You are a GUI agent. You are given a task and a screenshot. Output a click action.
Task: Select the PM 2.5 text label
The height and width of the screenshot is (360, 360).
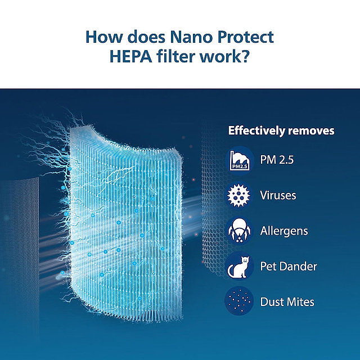(x=277, y=160)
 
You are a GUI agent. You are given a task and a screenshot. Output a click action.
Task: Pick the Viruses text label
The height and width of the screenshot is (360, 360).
(x=278, y=196)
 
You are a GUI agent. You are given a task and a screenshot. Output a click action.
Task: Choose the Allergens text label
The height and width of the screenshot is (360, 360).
(x=284, y=231)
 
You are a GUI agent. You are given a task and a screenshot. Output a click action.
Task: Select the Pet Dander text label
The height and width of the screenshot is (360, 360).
(x=289, y=267)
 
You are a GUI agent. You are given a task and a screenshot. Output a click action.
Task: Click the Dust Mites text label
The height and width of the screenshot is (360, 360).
(x=287, y=302)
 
